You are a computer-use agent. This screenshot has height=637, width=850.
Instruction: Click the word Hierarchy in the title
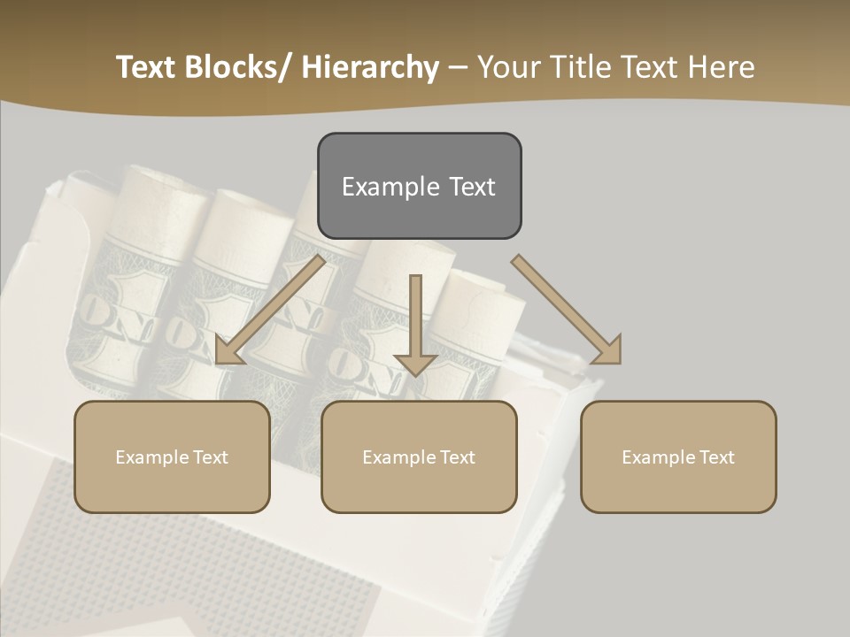tap(370, 68)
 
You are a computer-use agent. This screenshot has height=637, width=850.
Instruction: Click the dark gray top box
tap(419, 186)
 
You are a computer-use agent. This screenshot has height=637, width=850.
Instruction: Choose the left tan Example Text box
tap(172, 457)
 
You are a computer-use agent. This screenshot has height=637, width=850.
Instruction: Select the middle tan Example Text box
tap(419, 457)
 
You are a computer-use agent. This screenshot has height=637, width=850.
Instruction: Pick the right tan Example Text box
tap(678, 457)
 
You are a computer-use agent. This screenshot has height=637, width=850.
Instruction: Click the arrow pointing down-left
tap(270, 310)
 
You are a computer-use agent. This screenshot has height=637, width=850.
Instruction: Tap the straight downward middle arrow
tap(415, 318)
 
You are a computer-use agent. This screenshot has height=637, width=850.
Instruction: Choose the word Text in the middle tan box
tap(455, 457)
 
